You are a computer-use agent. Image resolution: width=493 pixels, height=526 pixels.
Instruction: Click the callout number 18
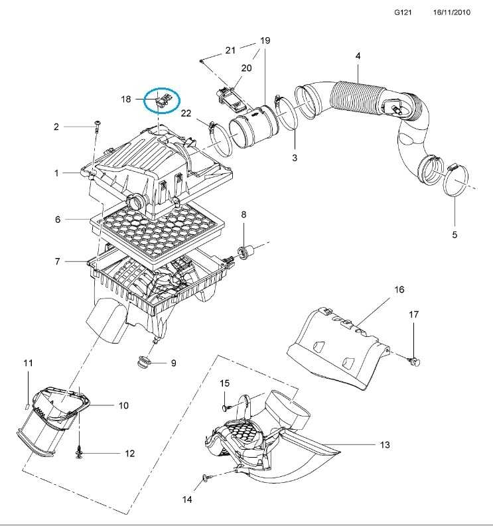[x=126, y=99]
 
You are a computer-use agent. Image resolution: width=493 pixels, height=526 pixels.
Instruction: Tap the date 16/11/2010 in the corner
[x=452, y=13]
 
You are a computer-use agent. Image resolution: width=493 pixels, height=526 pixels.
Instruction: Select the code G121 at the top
[x=402, y=13]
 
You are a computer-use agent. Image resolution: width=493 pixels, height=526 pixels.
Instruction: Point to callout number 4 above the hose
[x=358, y=56]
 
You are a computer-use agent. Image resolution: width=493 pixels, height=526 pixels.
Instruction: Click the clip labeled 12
[x=78, y=452]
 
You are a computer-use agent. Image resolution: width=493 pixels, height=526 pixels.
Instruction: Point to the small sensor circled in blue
[x=163, y=101]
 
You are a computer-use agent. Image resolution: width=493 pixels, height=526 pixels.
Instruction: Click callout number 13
[x=385, y=445]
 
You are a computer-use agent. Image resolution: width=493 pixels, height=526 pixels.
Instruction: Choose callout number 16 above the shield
[x=399, y=290]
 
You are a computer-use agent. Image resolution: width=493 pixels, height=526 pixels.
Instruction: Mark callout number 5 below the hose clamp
[x=455, y=235]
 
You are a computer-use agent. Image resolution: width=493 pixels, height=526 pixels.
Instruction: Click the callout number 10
[x=123, y=405]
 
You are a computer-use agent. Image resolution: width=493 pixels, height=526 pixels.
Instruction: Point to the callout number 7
[x=58, y=261]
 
